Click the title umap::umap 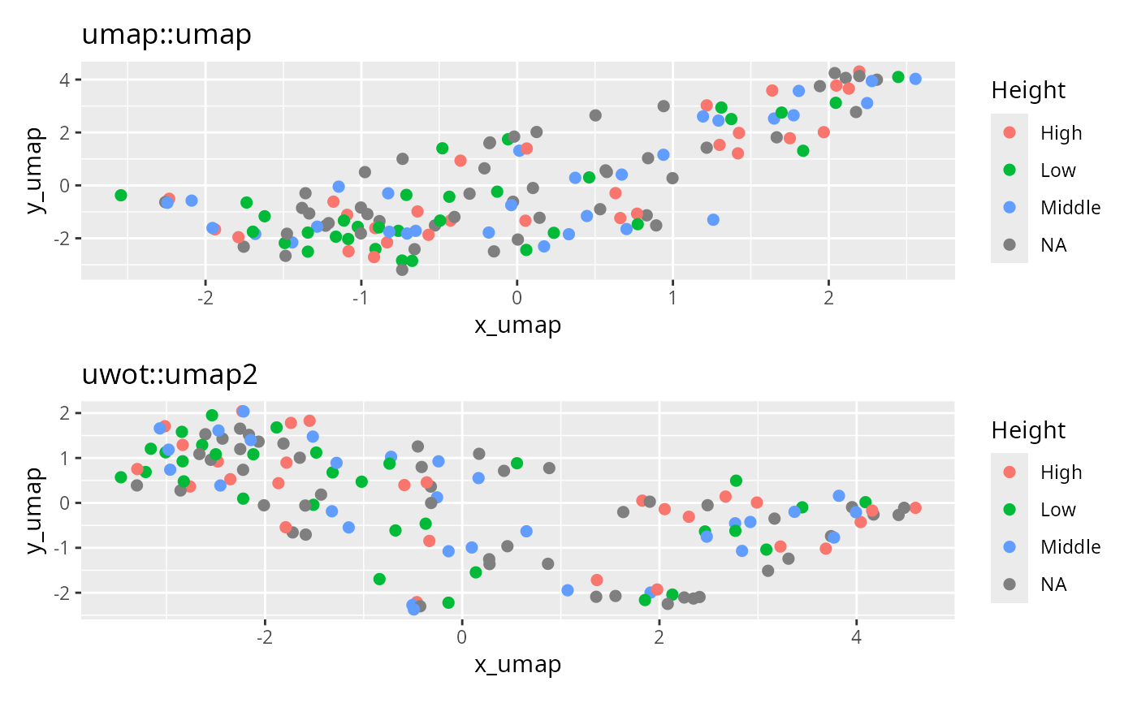[x=166, y=35]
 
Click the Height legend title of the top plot [x=1028, y=91]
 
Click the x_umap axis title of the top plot [x=517, y=326]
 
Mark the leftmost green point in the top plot [x=121, y=195]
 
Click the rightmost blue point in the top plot [x=915, y=79]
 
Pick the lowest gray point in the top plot [x=402, y=269]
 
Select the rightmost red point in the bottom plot [x=915, y=507]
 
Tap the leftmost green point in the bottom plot [x=121, y=477]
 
